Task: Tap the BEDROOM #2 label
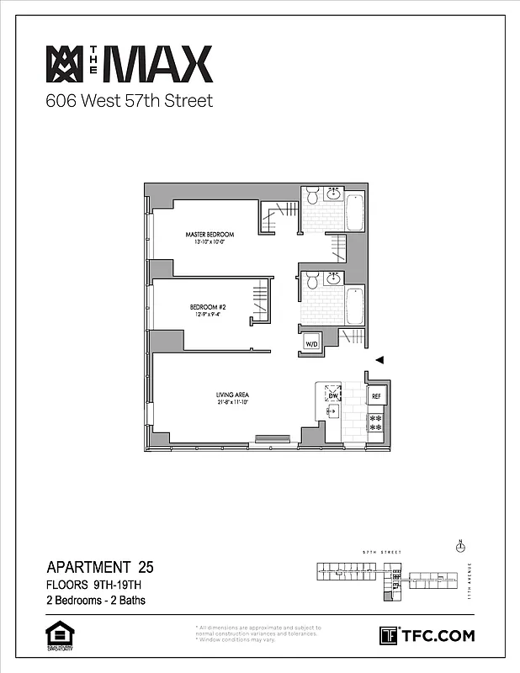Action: tap(205, 307)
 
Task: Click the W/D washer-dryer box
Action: tap(310, 343)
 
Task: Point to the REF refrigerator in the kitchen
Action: tap(376, 395)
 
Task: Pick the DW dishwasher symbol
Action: tap(332, 395)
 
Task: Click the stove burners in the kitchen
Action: tap(376, 422)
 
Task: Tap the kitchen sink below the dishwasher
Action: tap(332, 411)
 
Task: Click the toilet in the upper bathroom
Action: tap(311, 196)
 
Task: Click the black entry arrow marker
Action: tap(379, 360)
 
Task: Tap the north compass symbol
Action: tap(459, 548)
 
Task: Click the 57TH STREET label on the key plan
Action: tap(379, 553)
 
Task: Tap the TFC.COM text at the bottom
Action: tap(438, 635)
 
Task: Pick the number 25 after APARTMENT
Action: tap(146, 566)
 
